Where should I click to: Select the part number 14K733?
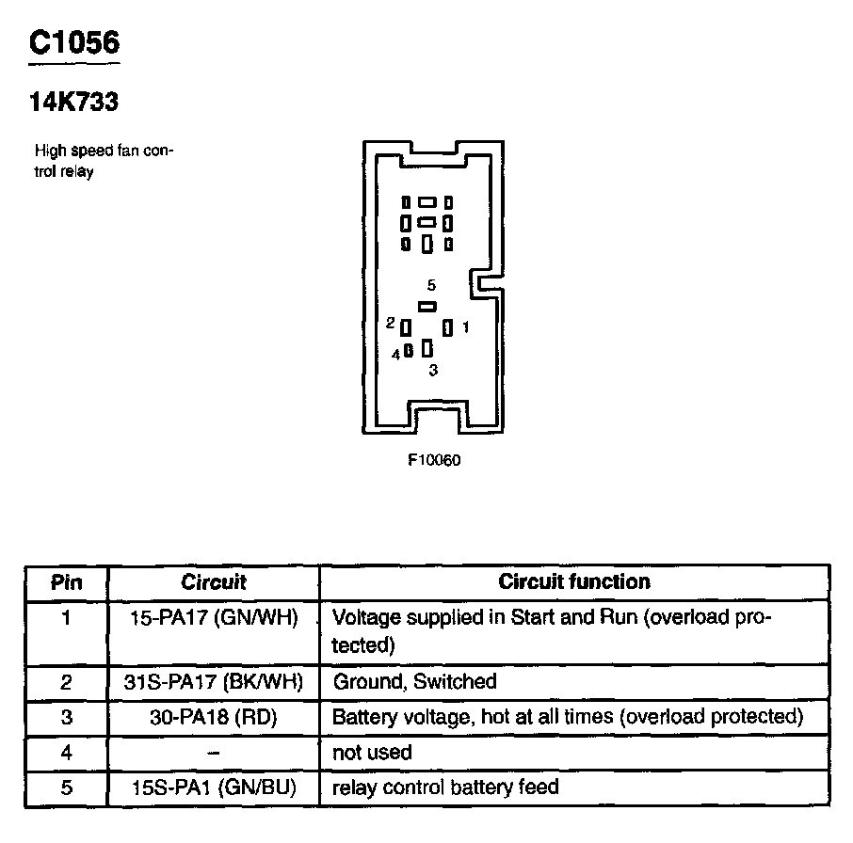pos(73,102)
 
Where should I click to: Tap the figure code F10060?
pos(434,461)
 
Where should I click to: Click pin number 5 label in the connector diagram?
pos(430,285)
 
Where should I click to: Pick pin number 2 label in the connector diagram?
pos(390,323)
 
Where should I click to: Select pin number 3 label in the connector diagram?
pos(432,371)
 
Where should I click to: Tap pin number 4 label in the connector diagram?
pos(396,354)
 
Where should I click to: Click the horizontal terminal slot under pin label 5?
pos(427,306)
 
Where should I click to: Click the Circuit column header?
pos(214,582)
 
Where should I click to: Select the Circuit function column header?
pos(574,581)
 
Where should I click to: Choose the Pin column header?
pos(66,582)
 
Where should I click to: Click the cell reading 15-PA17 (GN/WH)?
pos(214,618)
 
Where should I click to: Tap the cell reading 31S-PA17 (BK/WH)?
pos(214,681)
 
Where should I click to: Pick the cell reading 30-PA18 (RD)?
pos(214,717)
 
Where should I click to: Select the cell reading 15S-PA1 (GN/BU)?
pos(214,787)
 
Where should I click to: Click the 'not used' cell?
pos(373,753)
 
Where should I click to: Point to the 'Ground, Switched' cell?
pos(414,681)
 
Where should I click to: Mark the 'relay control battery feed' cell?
pos(445,787)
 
